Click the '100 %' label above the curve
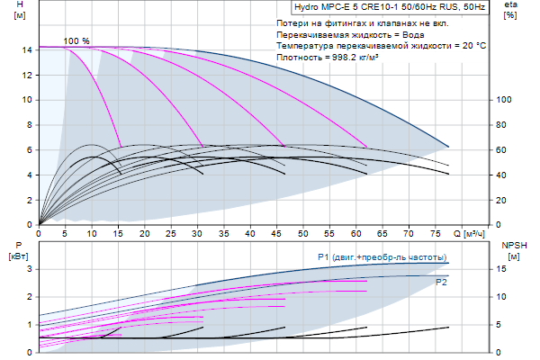(x=77, y=41)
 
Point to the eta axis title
(x=510, y=6)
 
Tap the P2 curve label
(x=441, y=283)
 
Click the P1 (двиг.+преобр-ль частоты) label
(x=382, y=257)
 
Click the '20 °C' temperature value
(x=472, y=44)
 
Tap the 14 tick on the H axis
(x=28, y=50)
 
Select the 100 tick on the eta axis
(x=504, y=100)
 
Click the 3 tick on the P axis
(x=29, y=268)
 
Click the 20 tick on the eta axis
(x=501, y=200)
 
